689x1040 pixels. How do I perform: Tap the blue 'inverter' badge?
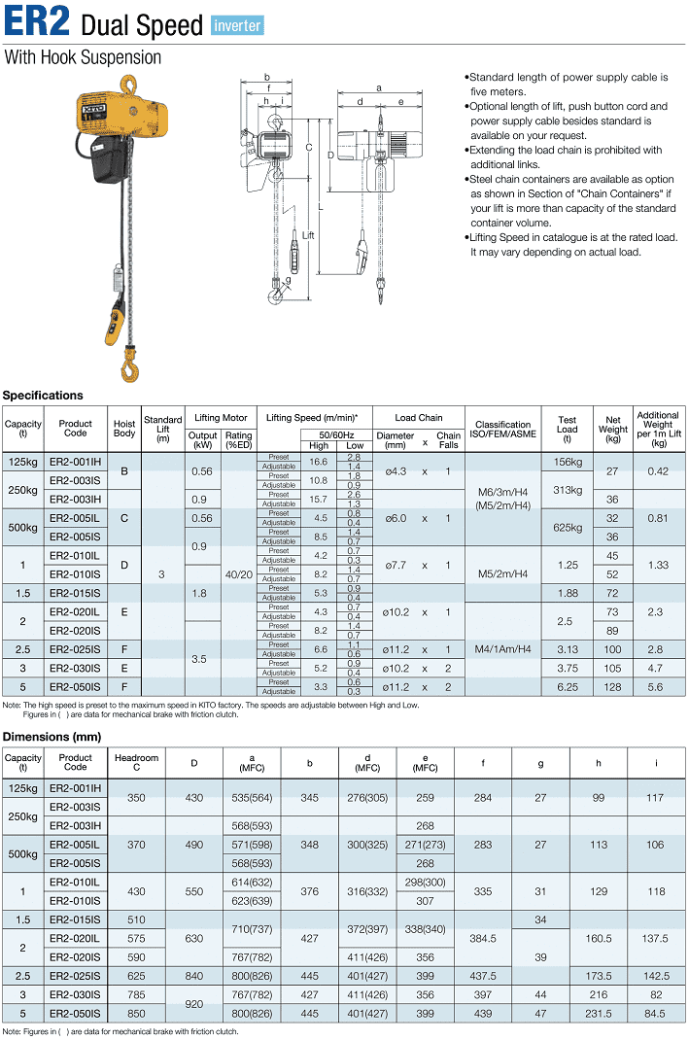[237, 25]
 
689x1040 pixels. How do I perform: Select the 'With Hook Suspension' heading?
[83, 57]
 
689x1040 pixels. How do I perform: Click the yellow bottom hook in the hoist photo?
[129, 367]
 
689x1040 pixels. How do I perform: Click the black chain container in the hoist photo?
[109, 157]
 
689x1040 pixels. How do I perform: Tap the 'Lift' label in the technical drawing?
[308, 236]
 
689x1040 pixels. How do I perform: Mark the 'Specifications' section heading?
[43, 396]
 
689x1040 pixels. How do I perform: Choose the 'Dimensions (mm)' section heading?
[52, 736]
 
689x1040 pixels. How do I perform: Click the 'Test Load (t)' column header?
[567, 430]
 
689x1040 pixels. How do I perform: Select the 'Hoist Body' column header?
[124, 430]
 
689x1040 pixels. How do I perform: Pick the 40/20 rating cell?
[238, 574]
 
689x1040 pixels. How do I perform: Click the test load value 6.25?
[567, 687]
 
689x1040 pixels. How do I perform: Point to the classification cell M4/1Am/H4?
[502, 649]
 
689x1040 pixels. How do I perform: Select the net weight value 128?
[612, 687]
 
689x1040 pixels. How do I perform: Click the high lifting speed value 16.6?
[319, 462]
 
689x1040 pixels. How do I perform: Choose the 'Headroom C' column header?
[136, 763]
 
